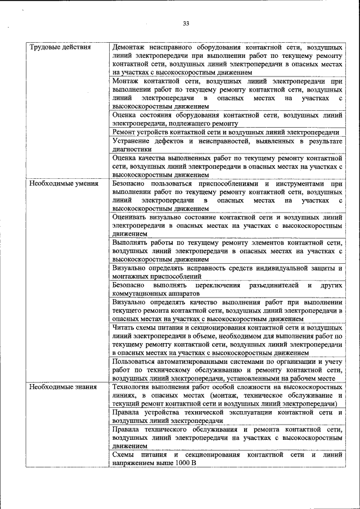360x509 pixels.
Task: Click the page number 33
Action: coord(186,23)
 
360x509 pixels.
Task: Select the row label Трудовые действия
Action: coord(60,47)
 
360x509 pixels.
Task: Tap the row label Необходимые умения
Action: coord(64,184)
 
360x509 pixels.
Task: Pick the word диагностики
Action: coord(132,150)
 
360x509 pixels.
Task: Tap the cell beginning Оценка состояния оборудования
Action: coord(227,119)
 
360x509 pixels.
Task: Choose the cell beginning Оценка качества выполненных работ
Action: coord(227,166)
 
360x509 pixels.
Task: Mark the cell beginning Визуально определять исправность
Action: coord(227,272)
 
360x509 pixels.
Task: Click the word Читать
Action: coord(123,327)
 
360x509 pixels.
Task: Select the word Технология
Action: coord(133,388)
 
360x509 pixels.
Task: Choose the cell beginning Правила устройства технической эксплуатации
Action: coord(227,416)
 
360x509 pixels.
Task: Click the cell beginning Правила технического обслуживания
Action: coord(227,437)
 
